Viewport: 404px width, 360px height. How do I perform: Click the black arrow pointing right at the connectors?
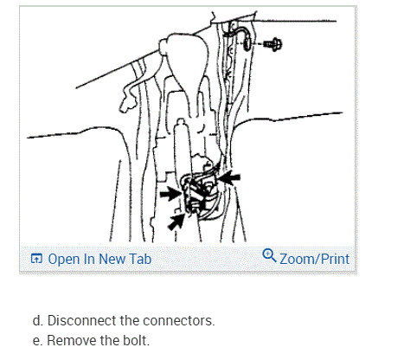coord(171,194)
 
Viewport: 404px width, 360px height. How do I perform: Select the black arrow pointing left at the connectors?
coord(229,179)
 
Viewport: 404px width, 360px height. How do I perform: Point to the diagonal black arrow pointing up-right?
coord(176,222)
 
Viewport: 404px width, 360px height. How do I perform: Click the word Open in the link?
coord(64,258)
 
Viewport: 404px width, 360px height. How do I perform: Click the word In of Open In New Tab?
coord(91,258)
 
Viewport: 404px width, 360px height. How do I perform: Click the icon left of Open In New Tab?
coord(35,258)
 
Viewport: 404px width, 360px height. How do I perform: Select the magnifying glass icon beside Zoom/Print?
coord(268,256)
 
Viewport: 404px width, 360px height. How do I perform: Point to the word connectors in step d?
coord(180,321)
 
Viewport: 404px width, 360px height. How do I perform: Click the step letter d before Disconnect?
coord(35,321)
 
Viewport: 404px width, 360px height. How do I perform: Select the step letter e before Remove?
coord(35,340)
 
